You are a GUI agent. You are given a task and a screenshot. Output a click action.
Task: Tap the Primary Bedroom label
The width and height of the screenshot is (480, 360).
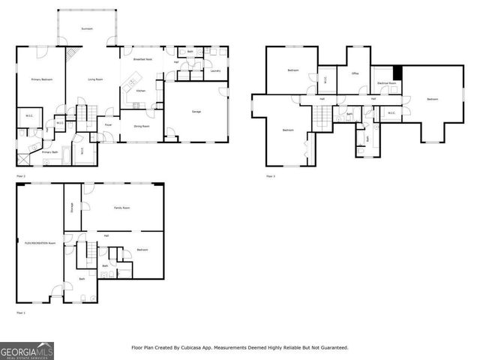click(40, 79)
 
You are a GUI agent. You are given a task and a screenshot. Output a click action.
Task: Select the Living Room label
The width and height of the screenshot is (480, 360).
click(95, 79)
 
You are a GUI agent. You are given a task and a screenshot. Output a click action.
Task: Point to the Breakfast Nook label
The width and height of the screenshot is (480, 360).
click(144, 58)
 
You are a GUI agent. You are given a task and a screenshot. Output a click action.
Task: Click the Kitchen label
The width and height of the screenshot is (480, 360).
click(140, 90)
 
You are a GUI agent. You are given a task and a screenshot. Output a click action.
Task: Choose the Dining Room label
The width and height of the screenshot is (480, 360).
click(142, 126)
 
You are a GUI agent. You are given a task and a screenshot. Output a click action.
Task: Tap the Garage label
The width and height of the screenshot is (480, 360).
click(196, 111)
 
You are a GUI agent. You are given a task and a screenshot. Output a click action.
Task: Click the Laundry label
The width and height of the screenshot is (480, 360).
click(215, 71)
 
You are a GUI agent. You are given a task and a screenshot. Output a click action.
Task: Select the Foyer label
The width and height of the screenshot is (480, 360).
click(108, 124)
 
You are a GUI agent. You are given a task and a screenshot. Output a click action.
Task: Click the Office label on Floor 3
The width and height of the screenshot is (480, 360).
click(355, 73)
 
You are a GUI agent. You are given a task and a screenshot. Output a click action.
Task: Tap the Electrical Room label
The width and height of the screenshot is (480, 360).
click(387, 83)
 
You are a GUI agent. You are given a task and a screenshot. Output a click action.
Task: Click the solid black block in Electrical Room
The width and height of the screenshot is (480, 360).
click(399, 72)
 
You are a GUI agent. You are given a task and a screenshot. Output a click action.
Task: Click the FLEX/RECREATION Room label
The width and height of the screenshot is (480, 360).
click(40, 243)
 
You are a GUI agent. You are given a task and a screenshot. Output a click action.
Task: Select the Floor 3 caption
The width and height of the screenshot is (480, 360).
click(271, 176)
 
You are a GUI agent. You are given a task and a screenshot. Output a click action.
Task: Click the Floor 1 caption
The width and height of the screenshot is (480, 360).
click(20, 312)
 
